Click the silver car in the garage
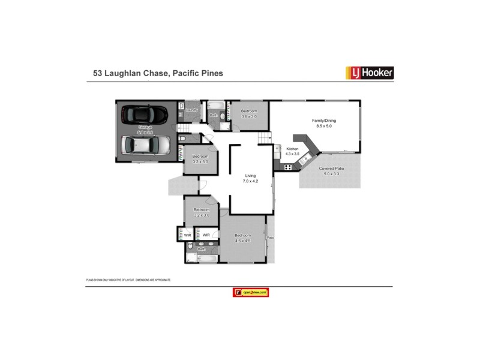pyautogui.click(x=145, y=145)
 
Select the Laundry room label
pyautogui.click(x=192, y=110)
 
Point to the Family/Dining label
pyautogui.click(x=324, y=121)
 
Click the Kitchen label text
pyautogui.click(x=292, y=148)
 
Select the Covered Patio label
pyautogui.click(x=331, y=169)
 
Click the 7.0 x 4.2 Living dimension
pyautogui.click(x=251, y=181)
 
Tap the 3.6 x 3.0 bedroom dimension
pyautogui.click(x=249, y=116)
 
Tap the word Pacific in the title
pyautogui.click(x=186, y=73)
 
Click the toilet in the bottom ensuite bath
pyautogui.click(x=190, y=247)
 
